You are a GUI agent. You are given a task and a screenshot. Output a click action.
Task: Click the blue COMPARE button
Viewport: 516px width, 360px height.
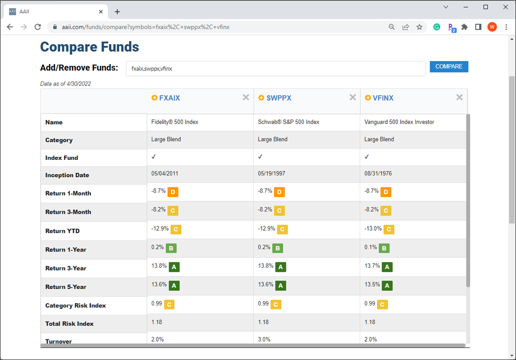pos(449,67)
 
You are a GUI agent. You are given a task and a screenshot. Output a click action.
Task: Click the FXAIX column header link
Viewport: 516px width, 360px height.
pos(169,98)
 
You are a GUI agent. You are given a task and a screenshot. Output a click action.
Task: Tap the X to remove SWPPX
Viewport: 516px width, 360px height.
pos(352,97)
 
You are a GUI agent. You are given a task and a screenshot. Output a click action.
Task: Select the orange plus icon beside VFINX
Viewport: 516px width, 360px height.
pos(367,98)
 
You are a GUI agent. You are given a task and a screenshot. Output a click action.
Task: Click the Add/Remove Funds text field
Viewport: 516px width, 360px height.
pos(276,69)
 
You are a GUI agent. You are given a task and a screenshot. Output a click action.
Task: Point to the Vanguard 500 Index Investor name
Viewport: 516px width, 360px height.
pos(399,122)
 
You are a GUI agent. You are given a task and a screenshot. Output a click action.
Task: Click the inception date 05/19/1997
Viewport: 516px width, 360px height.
pos(271,173)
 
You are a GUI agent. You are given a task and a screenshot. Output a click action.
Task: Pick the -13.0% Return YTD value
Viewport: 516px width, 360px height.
pos(373,229)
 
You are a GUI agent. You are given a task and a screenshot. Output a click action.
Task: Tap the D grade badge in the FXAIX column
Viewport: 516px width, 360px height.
pos(173,192)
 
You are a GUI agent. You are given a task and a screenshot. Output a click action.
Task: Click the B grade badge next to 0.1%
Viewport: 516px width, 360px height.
pos(384,248)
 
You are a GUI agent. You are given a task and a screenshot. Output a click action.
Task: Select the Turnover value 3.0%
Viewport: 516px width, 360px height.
pos(264,339)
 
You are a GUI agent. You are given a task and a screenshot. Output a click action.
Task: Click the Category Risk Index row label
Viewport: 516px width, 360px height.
pos(75,305)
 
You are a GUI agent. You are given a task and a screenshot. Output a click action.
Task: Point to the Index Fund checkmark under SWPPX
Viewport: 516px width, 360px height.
pos(260,157)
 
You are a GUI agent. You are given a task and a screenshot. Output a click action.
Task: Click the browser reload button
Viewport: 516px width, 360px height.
pos(38,27)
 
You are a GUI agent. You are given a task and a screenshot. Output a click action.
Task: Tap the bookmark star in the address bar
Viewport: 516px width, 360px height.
pos(419,27)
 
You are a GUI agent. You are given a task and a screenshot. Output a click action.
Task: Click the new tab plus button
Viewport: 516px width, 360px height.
pos(117,12)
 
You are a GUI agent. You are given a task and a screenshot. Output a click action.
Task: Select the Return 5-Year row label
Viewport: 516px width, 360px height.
pos(66,287)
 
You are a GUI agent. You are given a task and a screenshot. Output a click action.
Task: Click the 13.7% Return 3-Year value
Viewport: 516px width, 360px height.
pos(372,266)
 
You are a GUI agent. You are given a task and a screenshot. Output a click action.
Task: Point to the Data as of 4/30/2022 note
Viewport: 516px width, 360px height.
pos(65,84)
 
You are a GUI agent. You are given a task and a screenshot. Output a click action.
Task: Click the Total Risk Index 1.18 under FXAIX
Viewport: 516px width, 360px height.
pos(156,322)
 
